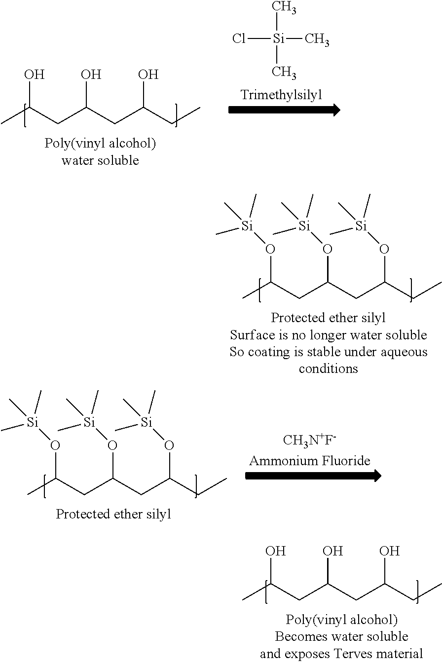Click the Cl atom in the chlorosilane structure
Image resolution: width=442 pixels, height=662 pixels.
239,38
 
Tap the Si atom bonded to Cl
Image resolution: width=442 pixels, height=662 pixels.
278,38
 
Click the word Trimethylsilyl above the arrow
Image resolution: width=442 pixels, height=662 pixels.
281,95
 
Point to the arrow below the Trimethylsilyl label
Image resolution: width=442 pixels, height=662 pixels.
284,110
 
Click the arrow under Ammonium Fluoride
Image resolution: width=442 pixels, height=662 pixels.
313,476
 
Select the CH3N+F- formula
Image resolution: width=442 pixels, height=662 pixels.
309,440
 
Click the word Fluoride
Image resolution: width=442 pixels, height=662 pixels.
349,460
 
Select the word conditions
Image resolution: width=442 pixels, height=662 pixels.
328,368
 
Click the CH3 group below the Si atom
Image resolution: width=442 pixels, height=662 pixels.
284,73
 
